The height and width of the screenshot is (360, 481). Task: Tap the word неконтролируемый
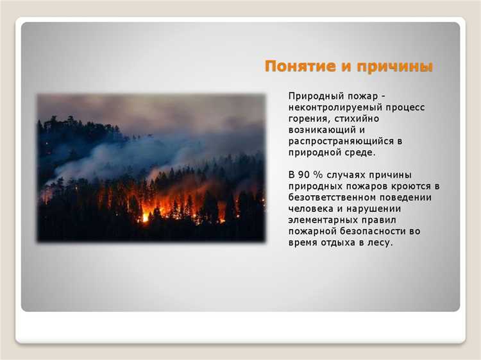pyautogui.click(x=330, y=108)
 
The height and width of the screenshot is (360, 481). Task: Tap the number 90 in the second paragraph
pyautogui.click(x=305, y=175)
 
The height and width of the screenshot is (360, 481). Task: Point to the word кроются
pyautogui.click(x=410, y=186)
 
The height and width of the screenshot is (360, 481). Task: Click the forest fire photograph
pyautogui.click(x=151, y=167)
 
